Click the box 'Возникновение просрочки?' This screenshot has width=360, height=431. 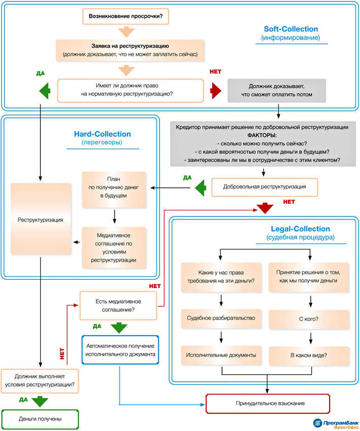pyautogui.click(x=125, y=16)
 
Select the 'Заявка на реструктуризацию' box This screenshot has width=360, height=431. pyautogui.click(x=130, y=50)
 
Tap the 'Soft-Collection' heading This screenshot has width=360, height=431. pyautogui.click(x=291, y=29)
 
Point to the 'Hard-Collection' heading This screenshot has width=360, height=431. pyautogui.click(x=102, y=134)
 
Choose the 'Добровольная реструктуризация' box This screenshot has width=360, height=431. pyautogui.click(x=264, y=187)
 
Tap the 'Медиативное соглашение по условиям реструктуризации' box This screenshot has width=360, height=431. pyautogui.click(x=114, y=247)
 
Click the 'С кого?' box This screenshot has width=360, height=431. pyautogui.click(x=309, y=320)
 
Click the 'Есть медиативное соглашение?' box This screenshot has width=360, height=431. pyautogui.click(x=118, y=304)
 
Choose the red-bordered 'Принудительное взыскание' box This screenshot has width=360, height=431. pyautogui.click(x=270, y=404)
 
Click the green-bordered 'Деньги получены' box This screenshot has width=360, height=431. pyautogui.click(x=40, y=419)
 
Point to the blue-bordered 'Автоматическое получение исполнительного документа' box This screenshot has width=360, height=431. pyautogui.click(x=119, y=349)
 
